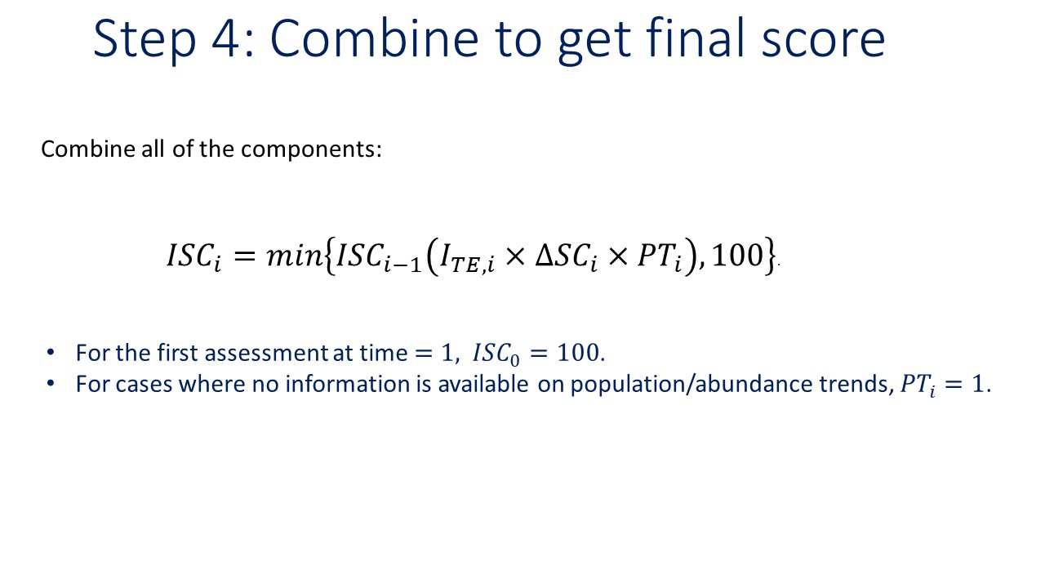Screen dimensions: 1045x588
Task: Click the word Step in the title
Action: tap(145, 41)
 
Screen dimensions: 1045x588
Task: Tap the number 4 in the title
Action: tap(226, 39)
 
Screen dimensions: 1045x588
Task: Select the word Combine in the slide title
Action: tap(374, 38)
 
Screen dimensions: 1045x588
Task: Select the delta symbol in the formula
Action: tap(544, 256)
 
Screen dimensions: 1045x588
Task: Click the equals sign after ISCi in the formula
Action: tap(244, 256)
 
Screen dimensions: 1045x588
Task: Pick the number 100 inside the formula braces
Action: tap(737, 256)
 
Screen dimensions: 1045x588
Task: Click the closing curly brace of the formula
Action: tap(770, 256)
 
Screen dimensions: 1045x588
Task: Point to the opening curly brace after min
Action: tap(329, 256)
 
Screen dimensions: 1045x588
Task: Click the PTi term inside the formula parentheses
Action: tap(660, 258)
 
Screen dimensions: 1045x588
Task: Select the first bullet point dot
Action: tap(51, 353)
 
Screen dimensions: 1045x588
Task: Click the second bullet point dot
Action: tap(51, 384)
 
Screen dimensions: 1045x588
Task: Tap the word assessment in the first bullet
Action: tap(266, 354)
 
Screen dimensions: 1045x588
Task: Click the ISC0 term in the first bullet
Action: tap(496, 354)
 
